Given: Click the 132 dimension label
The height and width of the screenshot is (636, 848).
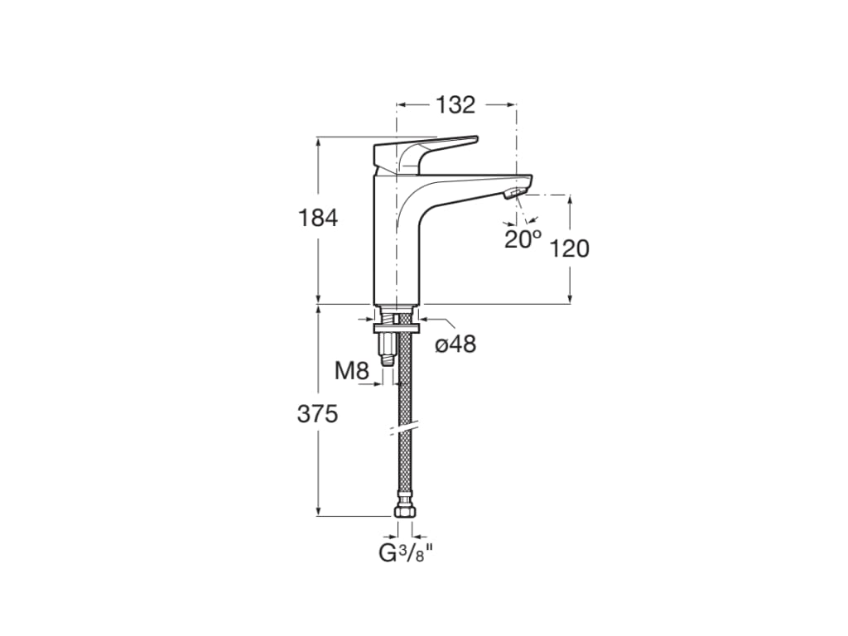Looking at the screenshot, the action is pyautogui.click(x=455, y=105).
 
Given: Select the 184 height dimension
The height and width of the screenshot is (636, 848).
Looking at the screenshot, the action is pyautogui.click(x=318, y=218).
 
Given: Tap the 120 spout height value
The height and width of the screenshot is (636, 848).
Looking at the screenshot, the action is pyautogui.click(x=569, y=248).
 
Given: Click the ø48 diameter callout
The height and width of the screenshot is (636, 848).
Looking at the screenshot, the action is pyautogui.click(x=456, y=344).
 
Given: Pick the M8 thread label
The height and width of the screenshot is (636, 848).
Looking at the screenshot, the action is pyautogui.click(x=351, y=371).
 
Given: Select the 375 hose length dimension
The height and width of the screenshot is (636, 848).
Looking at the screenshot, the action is pyautogui.click(x=317, y=414).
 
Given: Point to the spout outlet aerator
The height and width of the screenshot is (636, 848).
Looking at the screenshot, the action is pyautogui.click(x=515, y=194).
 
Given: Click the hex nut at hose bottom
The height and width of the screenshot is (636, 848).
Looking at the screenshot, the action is pyautogui.click(x=404, y=512).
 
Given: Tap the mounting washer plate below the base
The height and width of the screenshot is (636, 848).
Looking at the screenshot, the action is pyautogui.click(x=397, y=328).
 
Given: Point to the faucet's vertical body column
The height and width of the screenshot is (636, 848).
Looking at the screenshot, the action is pyautogui.click(x=396, y=238).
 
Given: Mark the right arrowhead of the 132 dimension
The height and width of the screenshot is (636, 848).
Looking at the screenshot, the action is pyautogui.click(x=511, y=104).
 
